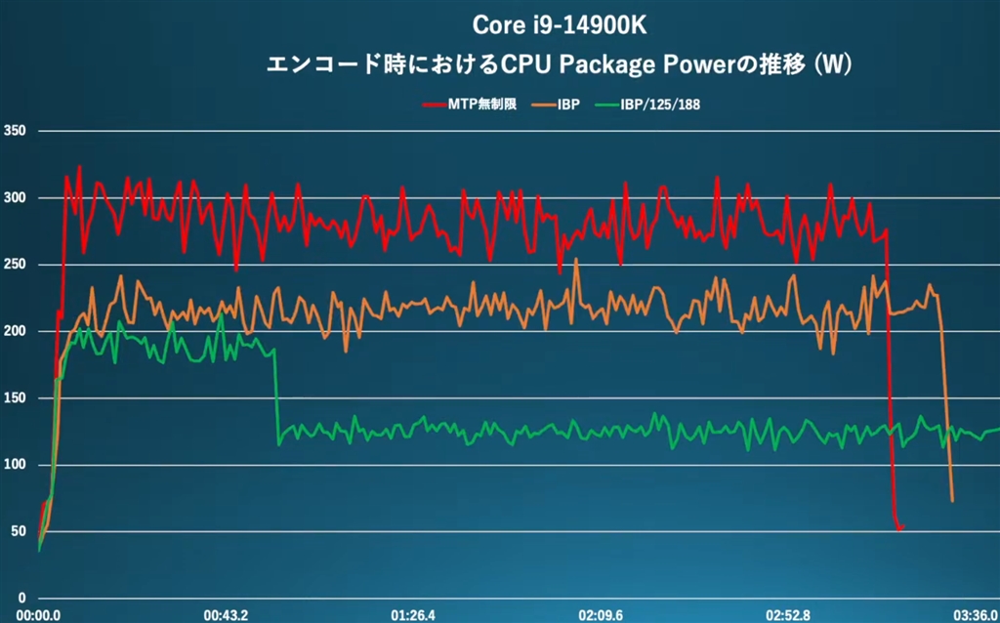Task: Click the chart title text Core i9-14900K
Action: click(560, 23)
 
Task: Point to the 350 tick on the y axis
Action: click(15, 132)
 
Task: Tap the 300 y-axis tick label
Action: click(15, 198)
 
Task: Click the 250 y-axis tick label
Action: click(15, 266)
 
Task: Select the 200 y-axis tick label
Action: click(15, 332)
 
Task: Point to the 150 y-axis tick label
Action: click(15, 398)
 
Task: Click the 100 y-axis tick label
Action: click(15, 466)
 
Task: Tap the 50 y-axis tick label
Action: click(18, 532)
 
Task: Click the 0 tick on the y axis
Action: click(21, 599)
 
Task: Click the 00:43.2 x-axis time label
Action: click(226, 614)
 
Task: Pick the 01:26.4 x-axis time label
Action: click(414, 614)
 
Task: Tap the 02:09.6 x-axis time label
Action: click(601, 614)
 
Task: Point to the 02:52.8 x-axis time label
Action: click(788, 614)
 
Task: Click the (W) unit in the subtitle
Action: click(831, 66)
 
